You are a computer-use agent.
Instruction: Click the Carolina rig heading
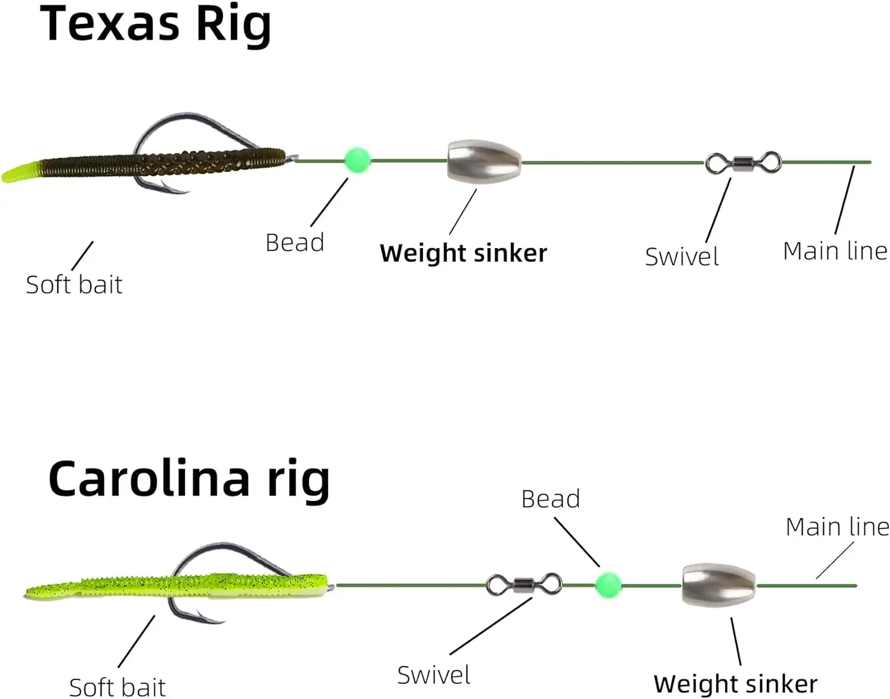point(189,479)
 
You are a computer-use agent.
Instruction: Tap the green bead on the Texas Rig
point(357,160)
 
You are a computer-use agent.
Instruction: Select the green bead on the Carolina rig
point(608,585)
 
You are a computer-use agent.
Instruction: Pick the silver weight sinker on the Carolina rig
point(718,585)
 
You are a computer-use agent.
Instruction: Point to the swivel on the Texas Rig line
point(743,162)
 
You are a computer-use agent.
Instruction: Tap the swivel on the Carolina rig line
point(523,585)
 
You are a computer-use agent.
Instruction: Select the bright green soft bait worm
point(178,585)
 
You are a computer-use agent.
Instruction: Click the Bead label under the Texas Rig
point(294,243)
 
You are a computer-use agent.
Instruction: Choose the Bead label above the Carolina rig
point(550,499)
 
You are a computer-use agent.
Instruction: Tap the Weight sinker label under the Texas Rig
point(463,253)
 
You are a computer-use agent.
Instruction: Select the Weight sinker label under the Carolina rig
point(735,684)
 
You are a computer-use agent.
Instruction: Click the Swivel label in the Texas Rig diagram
point(682,257)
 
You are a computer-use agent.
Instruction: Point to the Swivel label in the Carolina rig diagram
point(434,675)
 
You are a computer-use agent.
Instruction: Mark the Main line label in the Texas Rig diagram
point(835,251)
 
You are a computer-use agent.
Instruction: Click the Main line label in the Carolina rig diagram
point(837,527)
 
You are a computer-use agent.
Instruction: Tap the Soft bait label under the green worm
point(117,688)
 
